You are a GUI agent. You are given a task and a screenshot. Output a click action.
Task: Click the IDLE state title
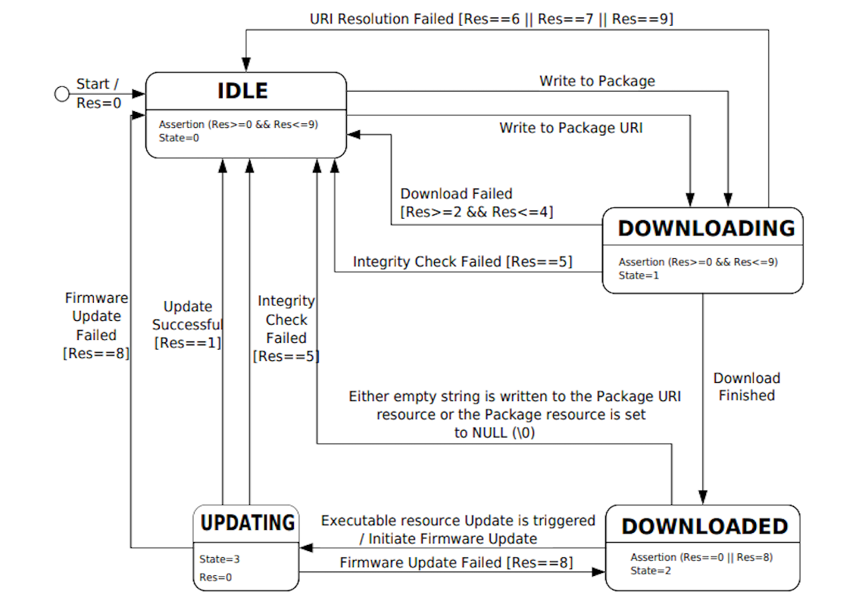pos(242,91)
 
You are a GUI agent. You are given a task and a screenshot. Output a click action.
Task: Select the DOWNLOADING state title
pos(706,228)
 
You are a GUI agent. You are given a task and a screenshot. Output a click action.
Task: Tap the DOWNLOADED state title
pos(704,526)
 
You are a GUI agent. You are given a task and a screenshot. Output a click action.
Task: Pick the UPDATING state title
pos(247,522)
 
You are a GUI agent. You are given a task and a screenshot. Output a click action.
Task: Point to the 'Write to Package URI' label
pos(570,128)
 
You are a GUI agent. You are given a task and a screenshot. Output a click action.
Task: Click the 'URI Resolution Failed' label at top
pos(381,20)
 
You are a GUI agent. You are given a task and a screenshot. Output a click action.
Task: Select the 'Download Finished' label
pos(746,387)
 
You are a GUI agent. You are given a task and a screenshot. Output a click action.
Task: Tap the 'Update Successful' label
pos(188,316)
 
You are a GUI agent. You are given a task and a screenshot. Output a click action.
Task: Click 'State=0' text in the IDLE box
pos(178,138)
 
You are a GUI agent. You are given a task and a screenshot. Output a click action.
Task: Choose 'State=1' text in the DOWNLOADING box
pos(638,276)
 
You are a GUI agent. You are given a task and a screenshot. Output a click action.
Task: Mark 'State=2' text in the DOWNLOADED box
pos(650,570)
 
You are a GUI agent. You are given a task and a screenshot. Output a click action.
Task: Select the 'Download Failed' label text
pos(456,194)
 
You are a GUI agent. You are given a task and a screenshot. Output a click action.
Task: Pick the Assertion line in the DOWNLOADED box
pos(701,557)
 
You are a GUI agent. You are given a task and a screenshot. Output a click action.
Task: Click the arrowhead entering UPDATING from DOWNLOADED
pos(305,547)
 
